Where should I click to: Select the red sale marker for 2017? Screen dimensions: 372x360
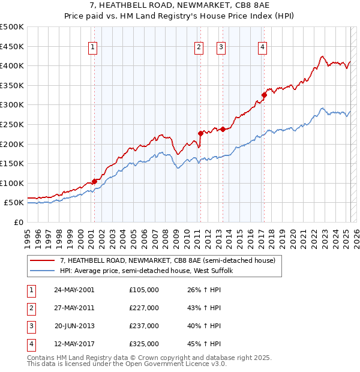pyautogui.click(x=263, y=95)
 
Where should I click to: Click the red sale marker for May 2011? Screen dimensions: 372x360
pyautogui.click(x=200, y=133)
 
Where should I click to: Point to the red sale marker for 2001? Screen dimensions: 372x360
pyautogui.click(x=94, y=181)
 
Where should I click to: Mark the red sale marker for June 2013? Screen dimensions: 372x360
pyautogui.click(x=222, y=129)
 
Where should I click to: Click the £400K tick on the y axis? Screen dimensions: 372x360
pyautogui.click(x=12, y=65)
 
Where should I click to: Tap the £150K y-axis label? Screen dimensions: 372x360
pyautogui.click(x=12, y=163)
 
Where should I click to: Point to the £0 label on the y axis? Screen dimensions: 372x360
pyautogui.click(x=18, y=222)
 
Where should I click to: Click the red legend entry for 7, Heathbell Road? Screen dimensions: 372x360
pyautogui.click(x=167, y=260)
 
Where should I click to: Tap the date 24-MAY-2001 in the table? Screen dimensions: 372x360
pyautogui.click(x=74, y=290)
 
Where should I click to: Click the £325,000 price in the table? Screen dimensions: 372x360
pyautogui.click(x=143, y=344)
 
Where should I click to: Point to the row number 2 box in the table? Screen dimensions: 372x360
pyautogui.click(x=30, y=308)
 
